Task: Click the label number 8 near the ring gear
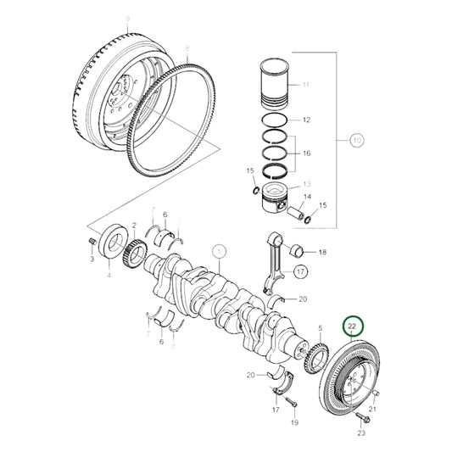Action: pos(187,51)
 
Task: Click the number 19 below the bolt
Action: pos(293,422)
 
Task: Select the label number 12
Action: pos(306,120)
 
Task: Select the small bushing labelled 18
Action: pos(297,251)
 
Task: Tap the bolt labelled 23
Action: pos(361,418)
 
